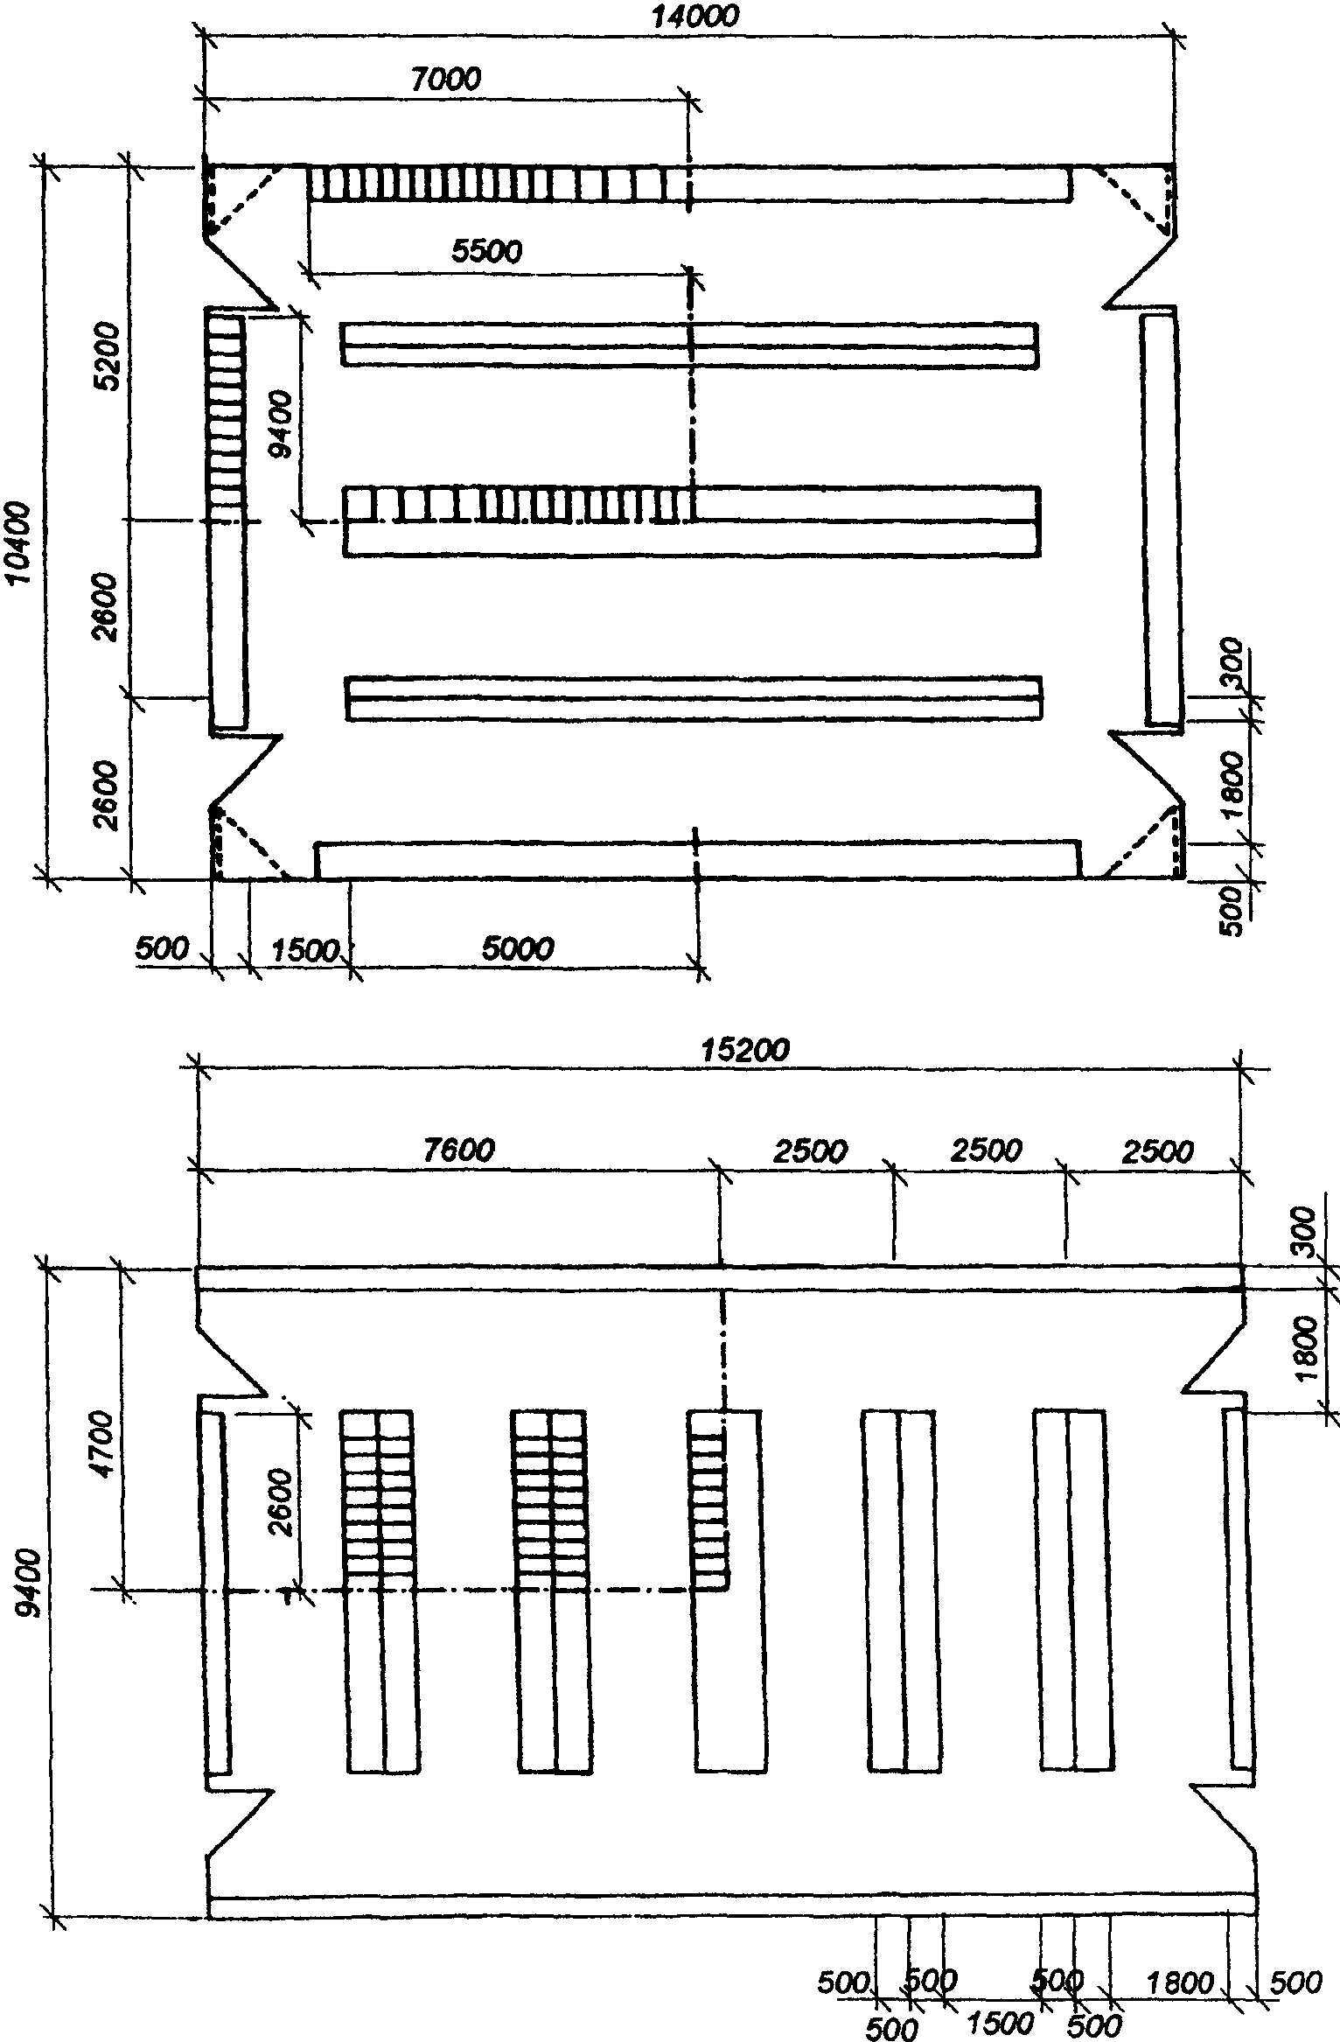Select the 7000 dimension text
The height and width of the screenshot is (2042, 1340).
tap(446, 80)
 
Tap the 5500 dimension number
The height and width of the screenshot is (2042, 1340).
tap(486, 251)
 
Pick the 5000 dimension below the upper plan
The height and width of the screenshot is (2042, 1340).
tap(519, 948)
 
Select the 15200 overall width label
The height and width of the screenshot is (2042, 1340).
tap(745, 1050)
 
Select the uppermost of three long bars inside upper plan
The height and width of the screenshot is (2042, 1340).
tap(690, 345)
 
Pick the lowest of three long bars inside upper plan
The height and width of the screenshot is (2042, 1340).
tap(694, 698)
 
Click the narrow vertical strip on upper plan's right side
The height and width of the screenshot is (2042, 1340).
tap(1161, 520)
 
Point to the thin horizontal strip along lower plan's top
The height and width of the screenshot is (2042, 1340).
tap(721, 1278)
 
